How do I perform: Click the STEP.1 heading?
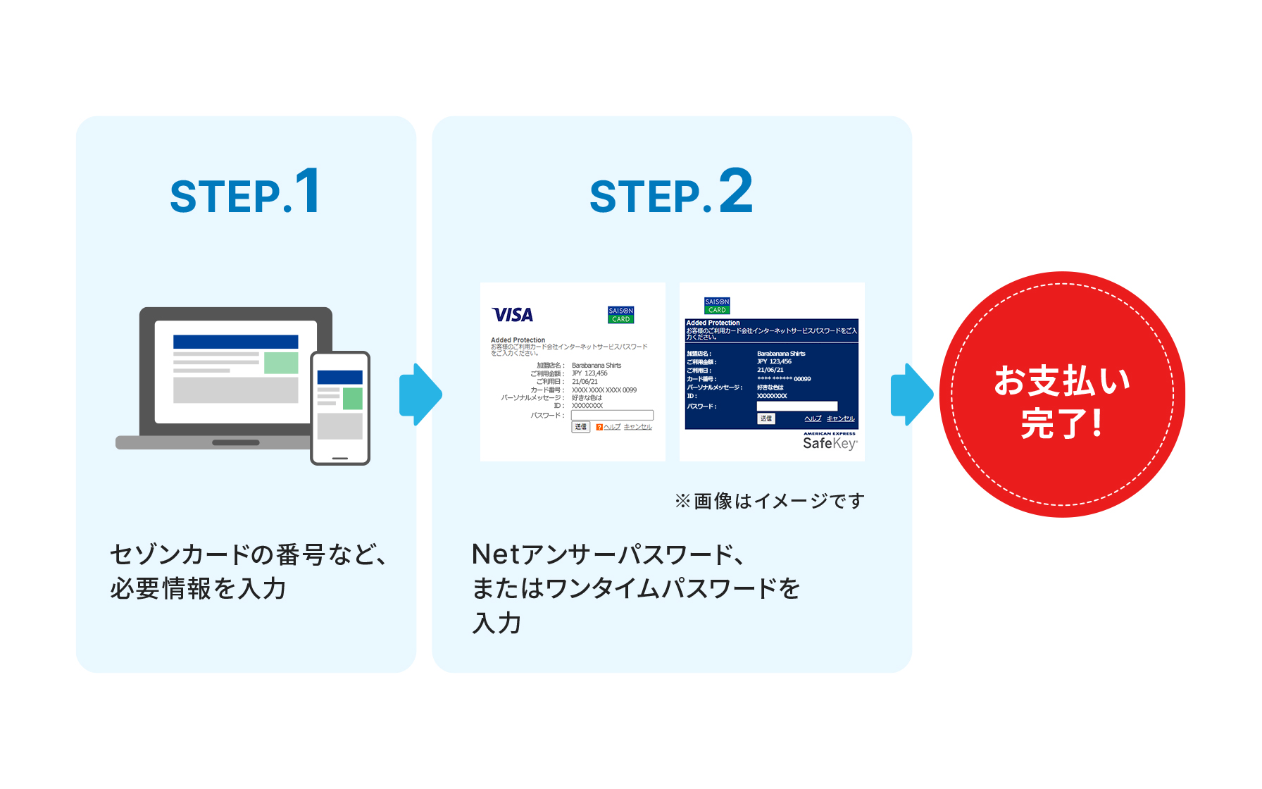pos(246,192)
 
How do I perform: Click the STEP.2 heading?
pos(671,192)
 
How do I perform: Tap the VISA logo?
pos(513,315)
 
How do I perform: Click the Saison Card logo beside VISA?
pos(620,315)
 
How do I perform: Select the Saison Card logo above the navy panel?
pos(717,306)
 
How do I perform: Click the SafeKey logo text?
pos(830,443)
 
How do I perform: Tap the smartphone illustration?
pos(340,408)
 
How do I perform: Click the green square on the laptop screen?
pos(281,363)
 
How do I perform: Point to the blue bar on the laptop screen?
pos(235,342)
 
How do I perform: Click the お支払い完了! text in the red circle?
pos(1062,402)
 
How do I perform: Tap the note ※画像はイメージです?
pos(769,501)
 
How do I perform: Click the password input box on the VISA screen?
pos(612,416)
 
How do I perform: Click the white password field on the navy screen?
pos(796,406)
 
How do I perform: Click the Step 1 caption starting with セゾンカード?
pos(248,571)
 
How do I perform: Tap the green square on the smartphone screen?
pos(352,399)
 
